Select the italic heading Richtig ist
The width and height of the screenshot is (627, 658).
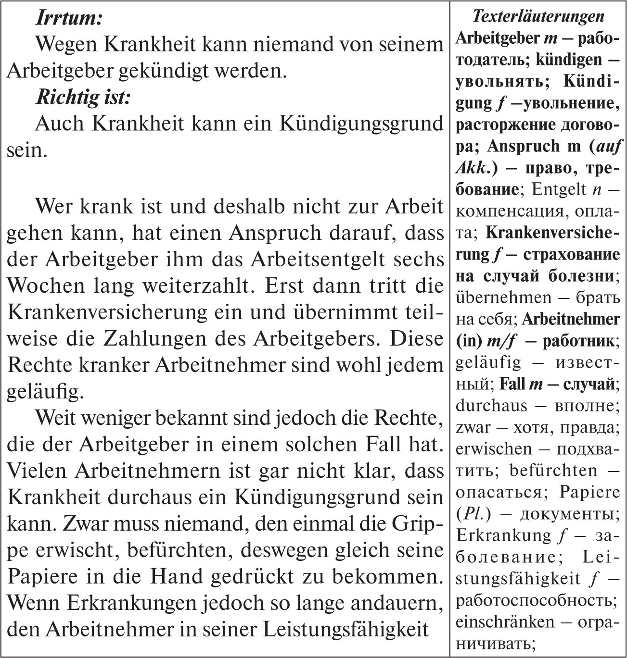point(83,98)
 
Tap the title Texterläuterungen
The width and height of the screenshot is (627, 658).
point(538,16)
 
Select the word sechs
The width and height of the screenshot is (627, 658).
point(419,260)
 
